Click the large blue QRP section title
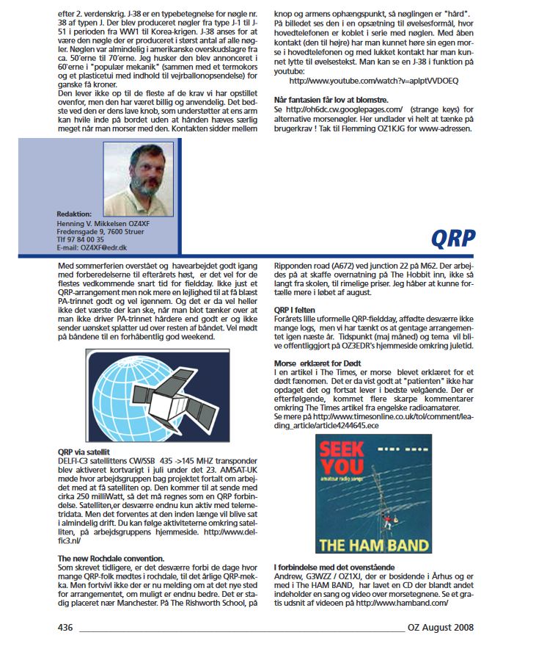pyautogui.click(x=452, y=239)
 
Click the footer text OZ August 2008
pyautogui.click(x=441, y=628)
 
